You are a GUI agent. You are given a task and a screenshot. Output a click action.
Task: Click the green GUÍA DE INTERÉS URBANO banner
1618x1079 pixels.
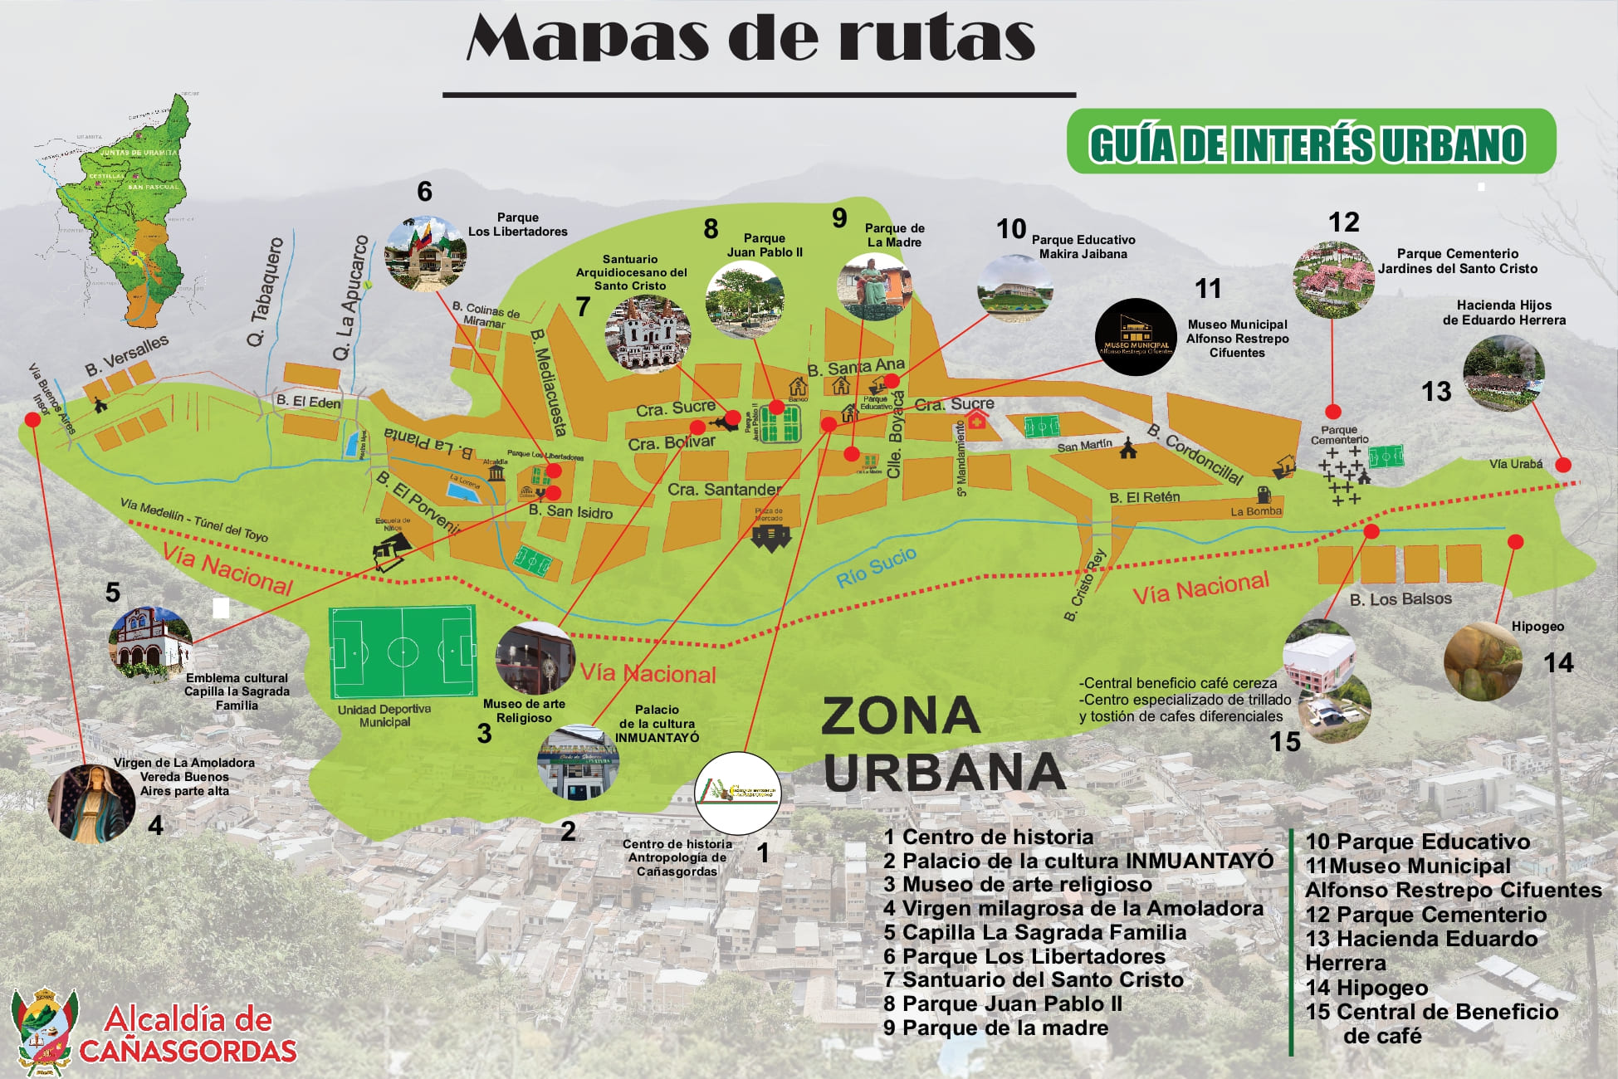(x=1310, y=142)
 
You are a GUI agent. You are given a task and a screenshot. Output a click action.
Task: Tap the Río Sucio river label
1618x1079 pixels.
(x=876, y=567)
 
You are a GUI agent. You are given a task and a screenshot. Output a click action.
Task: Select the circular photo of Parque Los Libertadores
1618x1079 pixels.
(x=425, y=254)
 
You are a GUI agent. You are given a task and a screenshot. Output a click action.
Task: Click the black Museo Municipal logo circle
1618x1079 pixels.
(x=1135, y=337)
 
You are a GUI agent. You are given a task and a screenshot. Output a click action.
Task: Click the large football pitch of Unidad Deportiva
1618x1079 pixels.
(x=403, y=652)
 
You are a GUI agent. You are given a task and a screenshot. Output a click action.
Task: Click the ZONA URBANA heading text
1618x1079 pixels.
(x=942, y=743)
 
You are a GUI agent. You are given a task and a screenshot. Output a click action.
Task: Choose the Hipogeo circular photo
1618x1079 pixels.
(x=1483, y=662)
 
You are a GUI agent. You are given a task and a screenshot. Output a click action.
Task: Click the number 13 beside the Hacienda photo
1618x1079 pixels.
(x=1436, y=391)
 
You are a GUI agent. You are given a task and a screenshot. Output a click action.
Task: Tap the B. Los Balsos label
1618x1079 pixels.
(x=1400, y=598)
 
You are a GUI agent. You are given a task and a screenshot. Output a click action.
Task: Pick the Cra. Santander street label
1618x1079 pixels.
(x=724, y=490)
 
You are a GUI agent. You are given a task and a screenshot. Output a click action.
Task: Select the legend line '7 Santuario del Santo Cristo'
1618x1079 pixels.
(x=1033, y=979)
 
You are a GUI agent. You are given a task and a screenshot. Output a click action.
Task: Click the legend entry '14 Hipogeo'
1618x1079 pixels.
(x=1366, y=988)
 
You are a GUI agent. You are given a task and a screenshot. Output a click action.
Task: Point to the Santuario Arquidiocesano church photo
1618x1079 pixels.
(x=648, y=334)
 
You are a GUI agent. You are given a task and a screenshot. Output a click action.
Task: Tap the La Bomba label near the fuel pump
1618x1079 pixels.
(x=1255, y=511)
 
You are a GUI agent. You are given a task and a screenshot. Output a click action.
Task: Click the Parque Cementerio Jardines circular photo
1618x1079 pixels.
(x=1333, y=280)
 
